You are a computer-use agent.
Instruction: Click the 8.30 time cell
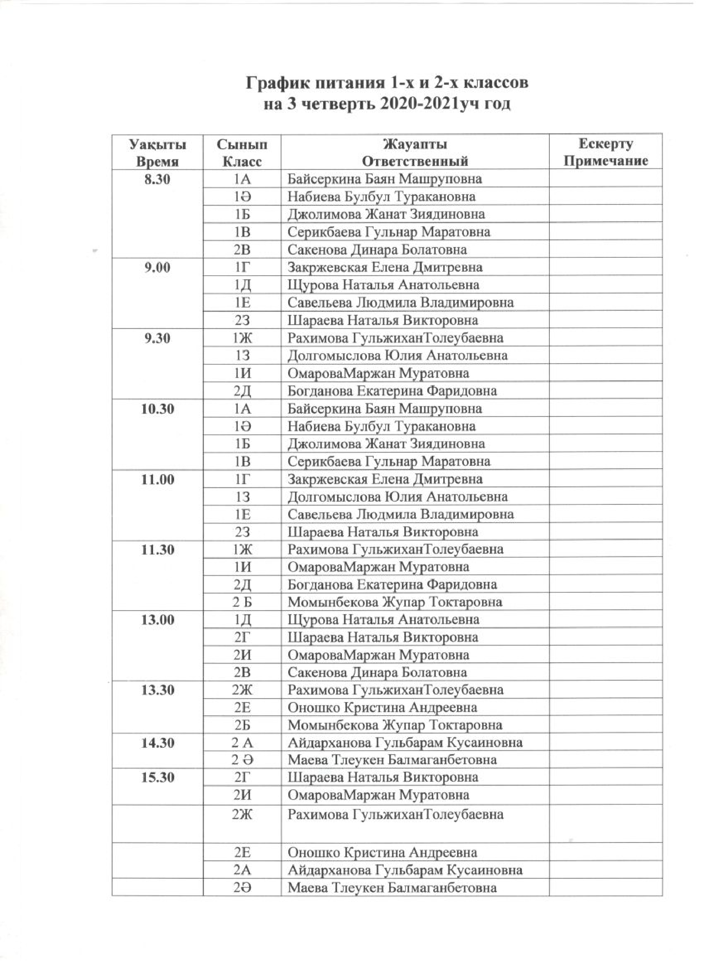pyautogui.click(x=157, y=179)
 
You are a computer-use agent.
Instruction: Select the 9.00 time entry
pyautogui.click(x=157, y=268)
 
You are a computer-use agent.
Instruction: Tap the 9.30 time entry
pyautogui.click(x=157, y=339)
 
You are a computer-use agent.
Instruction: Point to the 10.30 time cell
pyautogui.click(x=157, y=409)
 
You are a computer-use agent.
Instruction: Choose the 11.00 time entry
pyautogui.click(x=157, y=479)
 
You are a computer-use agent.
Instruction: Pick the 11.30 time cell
pyautogui.click(x=157, y=549)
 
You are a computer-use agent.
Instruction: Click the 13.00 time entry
pyautogui.click(x=157, y=619)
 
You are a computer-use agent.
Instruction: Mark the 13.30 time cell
pyautogui.click(x=157, y=690)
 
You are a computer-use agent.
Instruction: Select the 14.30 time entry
pyautogui.click(x=157, y=743)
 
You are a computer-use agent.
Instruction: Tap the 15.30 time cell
pyautogui.click(x=157, y=778)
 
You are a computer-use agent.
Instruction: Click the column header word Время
pyautogui.click(x=157, y=162)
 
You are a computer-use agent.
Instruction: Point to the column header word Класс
pyautogui.click(x=242, y=162)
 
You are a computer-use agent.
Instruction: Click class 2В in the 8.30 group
pyautogui.click(x=242, y=249)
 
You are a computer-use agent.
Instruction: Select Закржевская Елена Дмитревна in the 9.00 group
pyautogui.click(x=385, y=268)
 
